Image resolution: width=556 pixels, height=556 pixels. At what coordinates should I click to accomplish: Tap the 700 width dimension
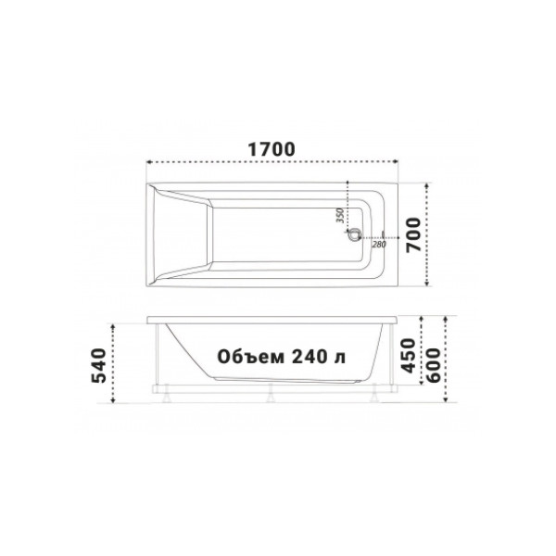(415, 234)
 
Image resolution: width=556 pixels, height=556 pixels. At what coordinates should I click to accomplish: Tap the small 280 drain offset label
(377, 244)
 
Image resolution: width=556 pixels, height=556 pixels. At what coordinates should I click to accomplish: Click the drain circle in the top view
(353, 235)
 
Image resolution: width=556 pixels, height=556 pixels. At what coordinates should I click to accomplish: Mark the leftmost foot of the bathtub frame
(165, 400)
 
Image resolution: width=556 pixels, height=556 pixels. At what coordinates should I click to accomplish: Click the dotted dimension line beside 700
(427, 234)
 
